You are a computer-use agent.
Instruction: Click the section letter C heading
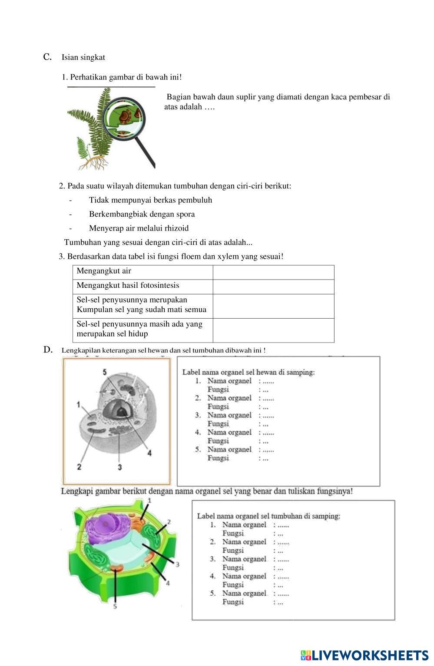tap(47, 57)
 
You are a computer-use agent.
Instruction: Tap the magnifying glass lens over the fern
tap(126, 117)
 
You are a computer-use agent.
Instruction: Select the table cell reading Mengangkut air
tap(104, 271)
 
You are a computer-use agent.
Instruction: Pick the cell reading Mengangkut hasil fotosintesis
tap(128, 286)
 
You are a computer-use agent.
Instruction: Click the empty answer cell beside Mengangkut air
tap(273, 272)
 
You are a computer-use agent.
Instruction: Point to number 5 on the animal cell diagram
tap(105, 372)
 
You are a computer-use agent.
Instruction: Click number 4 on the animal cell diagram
tap(149, 453)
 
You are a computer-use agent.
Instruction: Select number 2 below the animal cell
tap(79, 467)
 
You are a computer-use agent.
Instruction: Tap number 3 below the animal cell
tap(119, 467)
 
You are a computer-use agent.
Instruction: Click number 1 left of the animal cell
tap(78, 405)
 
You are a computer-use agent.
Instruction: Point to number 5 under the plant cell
tap(115, 607)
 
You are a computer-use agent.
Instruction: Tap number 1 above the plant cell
tap(149, 501)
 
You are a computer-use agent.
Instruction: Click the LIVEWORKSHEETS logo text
tap(370, 655)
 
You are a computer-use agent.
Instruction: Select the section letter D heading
tap(48, 349)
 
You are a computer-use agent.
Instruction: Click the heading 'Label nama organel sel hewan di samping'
tap(248, 372)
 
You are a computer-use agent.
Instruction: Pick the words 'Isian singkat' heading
tap(83, 57)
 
